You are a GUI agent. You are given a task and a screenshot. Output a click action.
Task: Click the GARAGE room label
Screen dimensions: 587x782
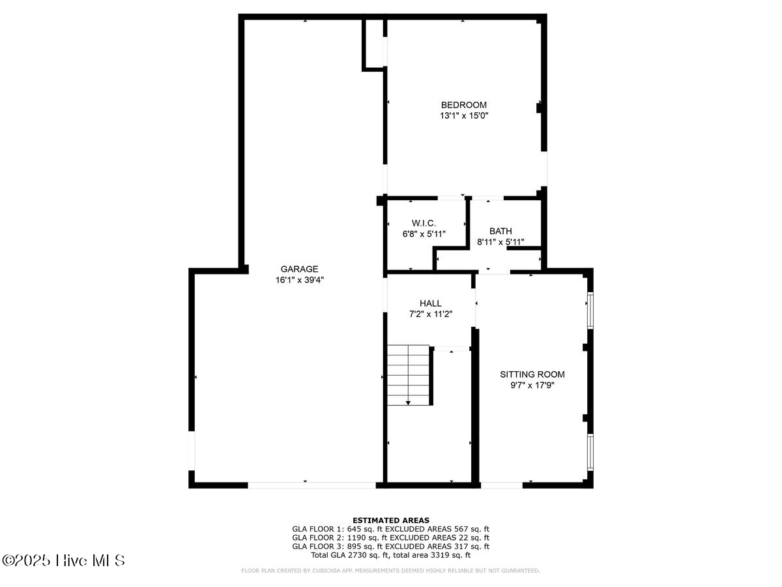[x=299, y=269]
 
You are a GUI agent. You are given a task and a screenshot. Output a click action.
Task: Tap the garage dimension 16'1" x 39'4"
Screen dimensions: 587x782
[x=299, y=280]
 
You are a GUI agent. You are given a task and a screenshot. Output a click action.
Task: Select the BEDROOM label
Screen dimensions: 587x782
[x=463, y=105]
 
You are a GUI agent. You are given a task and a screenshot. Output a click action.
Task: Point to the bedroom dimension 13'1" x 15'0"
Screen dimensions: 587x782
[x=463, y=115]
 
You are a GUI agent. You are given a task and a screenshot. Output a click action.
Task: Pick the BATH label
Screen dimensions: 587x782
[x=500, y=231]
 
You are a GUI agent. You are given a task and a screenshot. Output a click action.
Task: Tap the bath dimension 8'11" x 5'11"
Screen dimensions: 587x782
[x=500, y=242]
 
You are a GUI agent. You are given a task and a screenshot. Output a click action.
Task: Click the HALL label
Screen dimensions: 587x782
[x=430, y=303]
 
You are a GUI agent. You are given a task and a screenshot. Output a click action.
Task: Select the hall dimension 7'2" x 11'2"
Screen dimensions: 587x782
[x=430, y=314]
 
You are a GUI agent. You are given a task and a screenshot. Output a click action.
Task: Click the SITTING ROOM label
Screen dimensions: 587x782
[x=532, y=374]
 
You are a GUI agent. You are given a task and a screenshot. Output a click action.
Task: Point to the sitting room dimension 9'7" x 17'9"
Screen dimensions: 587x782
[x=532, y=385]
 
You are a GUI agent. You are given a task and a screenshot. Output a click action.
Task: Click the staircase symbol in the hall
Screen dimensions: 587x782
[x=409, y=374]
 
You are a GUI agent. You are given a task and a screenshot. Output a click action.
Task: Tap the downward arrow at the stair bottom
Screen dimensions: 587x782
[x=409, y=402]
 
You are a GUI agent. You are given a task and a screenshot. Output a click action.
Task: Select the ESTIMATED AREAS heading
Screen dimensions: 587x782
[x=391, y=520]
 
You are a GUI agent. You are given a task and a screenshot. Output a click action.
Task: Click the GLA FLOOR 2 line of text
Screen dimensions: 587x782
[x=391, y=537]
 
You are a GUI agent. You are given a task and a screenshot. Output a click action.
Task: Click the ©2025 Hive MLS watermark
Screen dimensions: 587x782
[x=63, y=560]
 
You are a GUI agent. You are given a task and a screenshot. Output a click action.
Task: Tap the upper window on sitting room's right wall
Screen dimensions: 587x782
[x=590, y=310]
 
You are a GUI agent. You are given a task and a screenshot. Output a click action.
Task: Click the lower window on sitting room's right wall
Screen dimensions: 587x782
[x=590, y=453]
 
